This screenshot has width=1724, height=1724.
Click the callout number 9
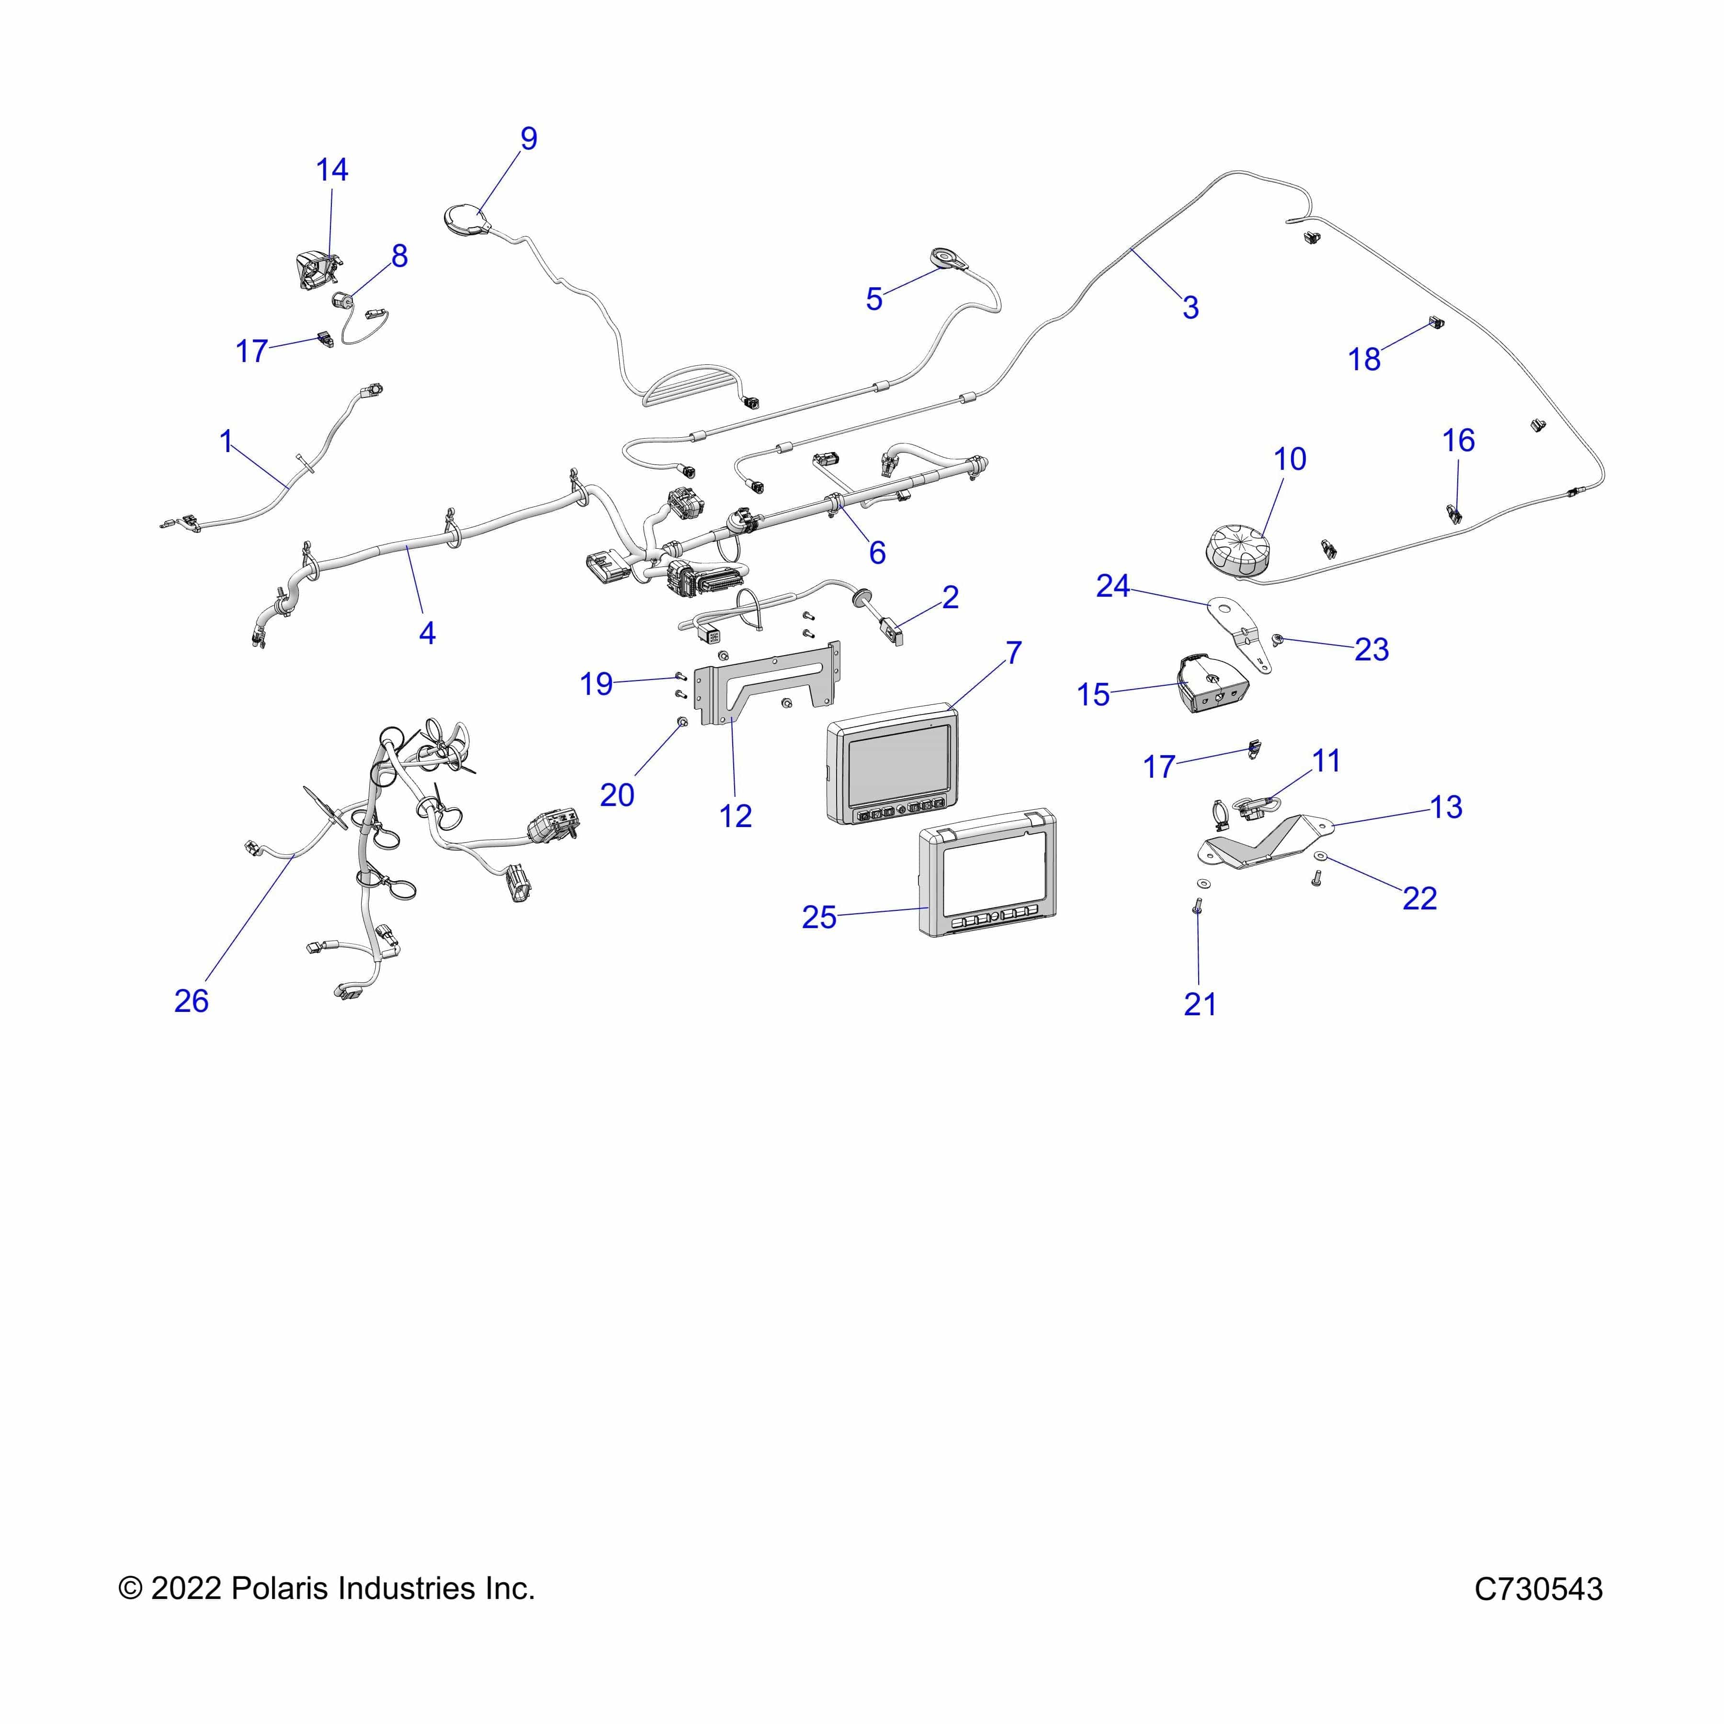click(x=528, y=139)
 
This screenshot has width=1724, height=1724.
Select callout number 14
click(x=332, y=170)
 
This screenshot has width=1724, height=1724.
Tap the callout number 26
click(x=191, y=1001)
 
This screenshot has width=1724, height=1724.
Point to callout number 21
click(x=1200, y=1005)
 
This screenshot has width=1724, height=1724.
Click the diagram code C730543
click(x=1538, y=1589)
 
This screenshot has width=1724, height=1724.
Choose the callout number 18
click(x=1363, y=360)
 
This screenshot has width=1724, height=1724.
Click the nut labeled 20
click(x=682, y=721)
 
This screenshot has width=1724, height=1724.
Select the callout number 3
click(x=1191, y=308)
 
